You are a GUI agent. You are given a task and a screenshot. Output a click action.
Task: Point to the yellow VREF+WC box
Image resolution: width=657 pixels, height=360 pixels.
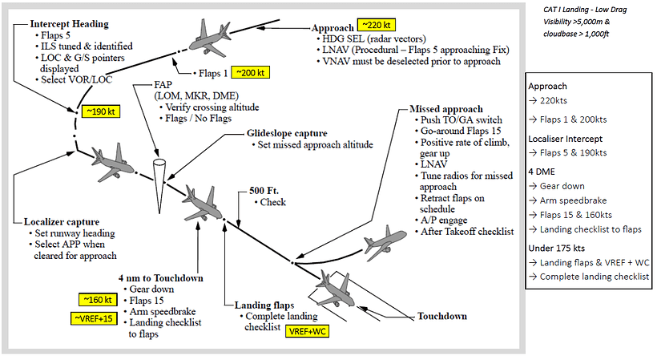pos(308,331)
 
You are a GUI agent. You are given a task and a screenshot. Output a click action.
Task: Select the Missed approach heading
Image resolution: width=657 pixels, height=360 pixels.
pos(446,107)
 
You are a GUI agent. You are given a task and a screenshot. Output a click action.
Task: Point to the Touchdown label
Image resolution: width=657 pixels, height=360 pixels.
pos(442,316)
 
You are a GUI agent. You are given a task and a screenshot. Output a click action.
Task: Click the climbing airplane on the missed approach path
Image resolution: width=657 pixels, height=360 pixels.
pos(388,243)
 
